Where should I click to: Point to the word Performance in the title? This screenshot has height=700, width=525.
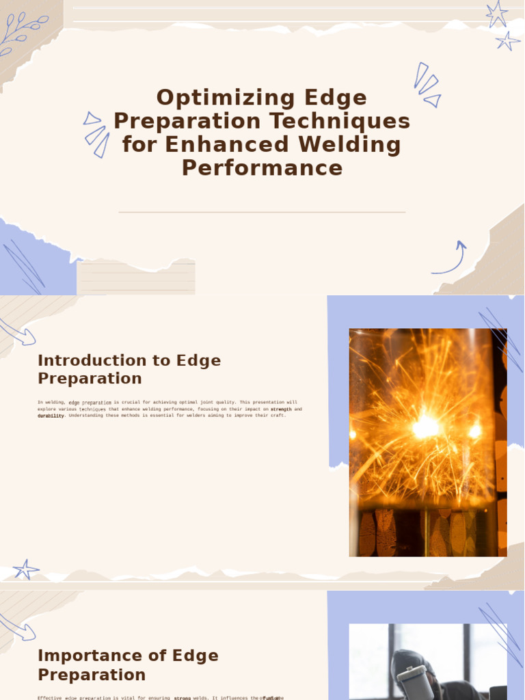[x=262, y=168]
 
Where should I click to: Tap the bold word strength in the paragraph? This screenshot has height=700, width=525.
[x=281, y=409]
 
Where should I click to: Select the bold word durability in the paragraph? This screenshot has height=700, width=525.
[x=51, y=416]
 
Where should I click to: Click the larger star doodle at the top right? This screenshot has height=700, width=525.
[x=496, y=14]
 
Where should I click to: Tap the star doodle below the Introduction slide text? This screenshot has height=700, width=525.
[x=26, y=569]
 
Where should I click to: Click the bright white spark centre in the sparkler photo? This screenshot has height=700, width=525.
[x=425, y=427]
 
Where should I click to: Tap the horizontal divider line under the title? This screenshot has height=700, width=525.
[x=262, y=212]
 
